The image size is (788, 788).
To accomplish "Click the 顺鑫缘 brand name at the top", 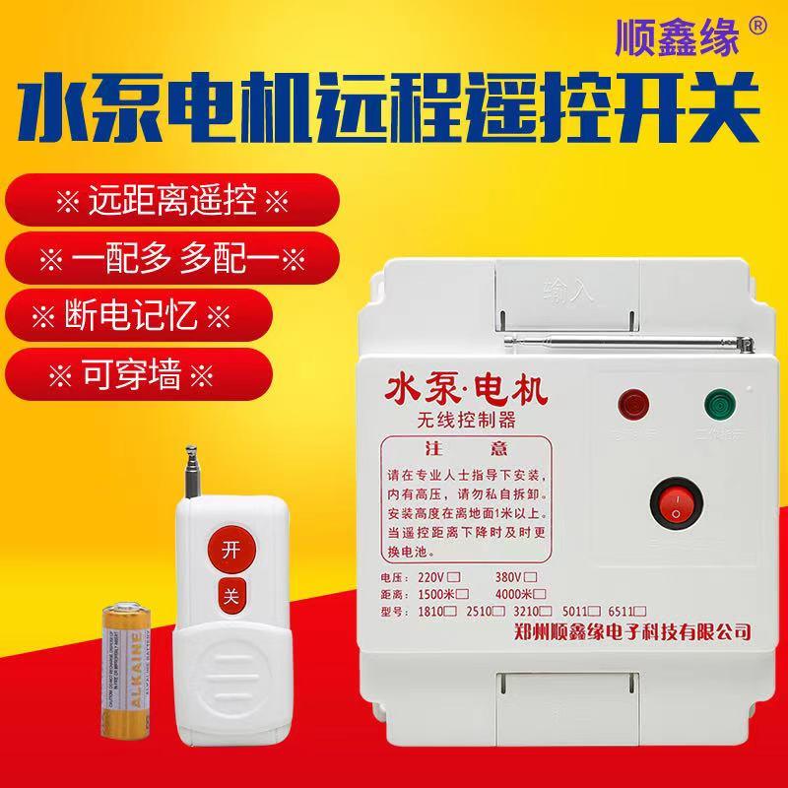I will pyautogui.click(x=678, y=38).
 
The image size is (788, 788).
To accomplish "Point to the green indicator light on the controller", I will pyautogui.click(x=718, y=405).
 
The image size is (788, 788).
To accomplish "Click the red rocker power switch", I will pyautogui.click(x=678, y=506).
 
